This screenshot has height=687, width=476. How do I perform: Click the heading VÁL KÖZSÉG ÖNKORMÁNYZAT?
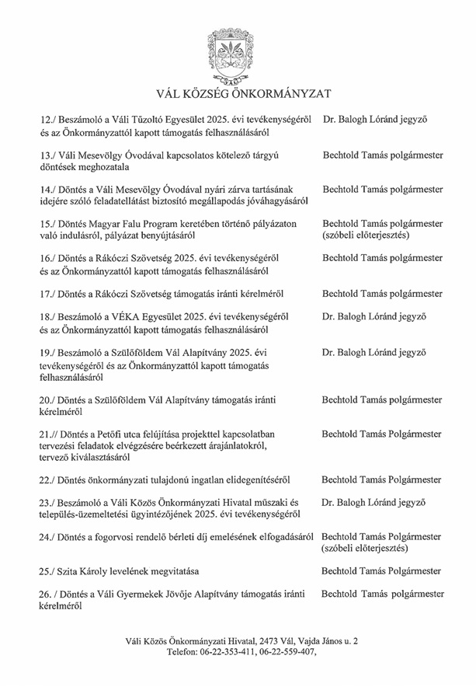pyautogui.click(x=238, y=94)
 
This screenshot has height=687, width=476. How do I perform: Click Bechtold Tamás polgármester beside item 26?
pyautogui.click(x=383, y=594)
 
